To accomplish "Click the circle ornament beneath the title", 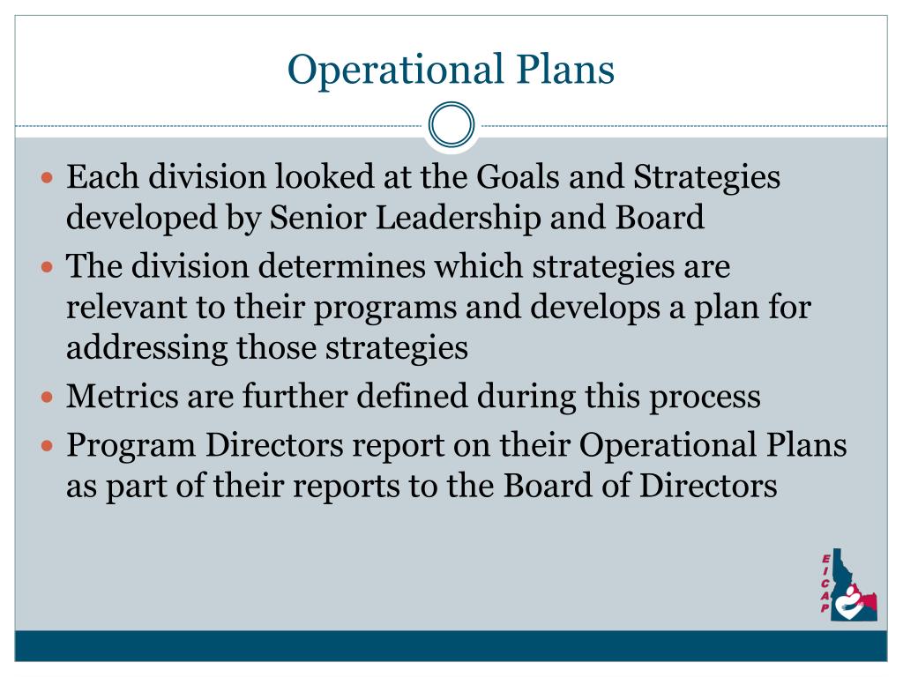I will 451,124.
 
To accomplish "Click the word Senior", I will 311,218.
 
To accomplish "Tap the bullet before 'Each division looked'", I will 49,178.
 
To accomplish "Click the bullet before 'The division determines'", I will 49,267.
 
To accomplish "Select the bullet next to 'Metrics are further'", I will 49,398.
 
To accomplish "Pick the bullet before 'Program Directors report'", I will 49,446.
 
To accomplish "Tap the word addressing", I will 147,348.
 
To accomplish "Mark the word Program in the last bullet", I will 131,447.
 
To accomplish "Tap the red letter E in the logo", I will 825,558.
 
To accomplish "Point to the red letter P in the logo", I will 825,608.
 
